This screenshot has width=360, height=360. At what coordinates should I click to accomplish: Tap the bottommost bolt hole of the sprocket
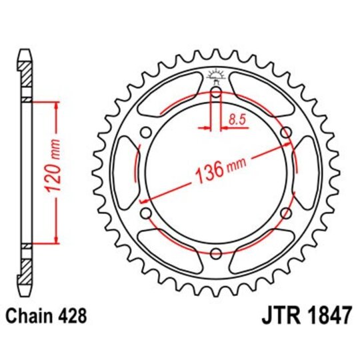(x=216, y=254)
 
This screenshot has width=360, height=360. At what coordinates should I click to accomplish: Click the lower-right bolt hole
(x=287, y=213)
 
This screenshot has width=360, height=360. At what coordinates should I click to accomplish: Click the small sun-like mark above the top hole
(x=216, y=73)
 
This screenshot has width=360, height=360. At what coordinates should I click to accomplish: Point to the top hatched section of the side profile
(x=25, y=75)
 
